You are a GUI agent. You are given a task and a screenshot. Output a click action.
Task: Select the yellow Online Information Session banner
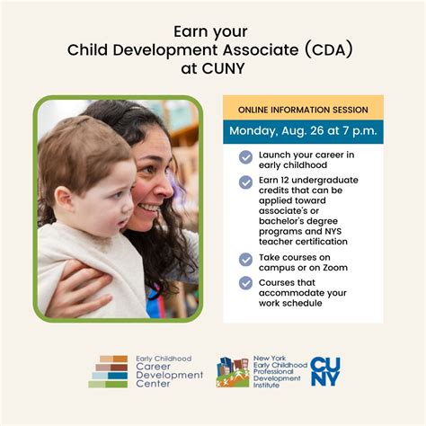coord(303,110)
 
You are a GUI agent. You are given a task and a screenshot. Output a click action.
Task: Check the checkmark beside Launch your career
coord(245,157)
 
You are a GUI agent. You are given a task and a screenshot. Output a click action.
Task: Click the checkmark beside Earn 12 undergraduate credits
coord(245,182)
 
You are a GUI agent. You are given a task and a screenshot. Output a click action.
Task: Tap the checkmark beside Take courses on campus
coord(245,259)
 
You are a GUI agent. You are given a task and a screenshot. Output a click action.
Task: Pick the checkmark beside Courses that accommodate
coord(245,283)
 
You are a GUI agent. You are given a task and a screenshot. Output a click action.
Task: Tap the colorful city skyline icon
coord(233,370)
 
